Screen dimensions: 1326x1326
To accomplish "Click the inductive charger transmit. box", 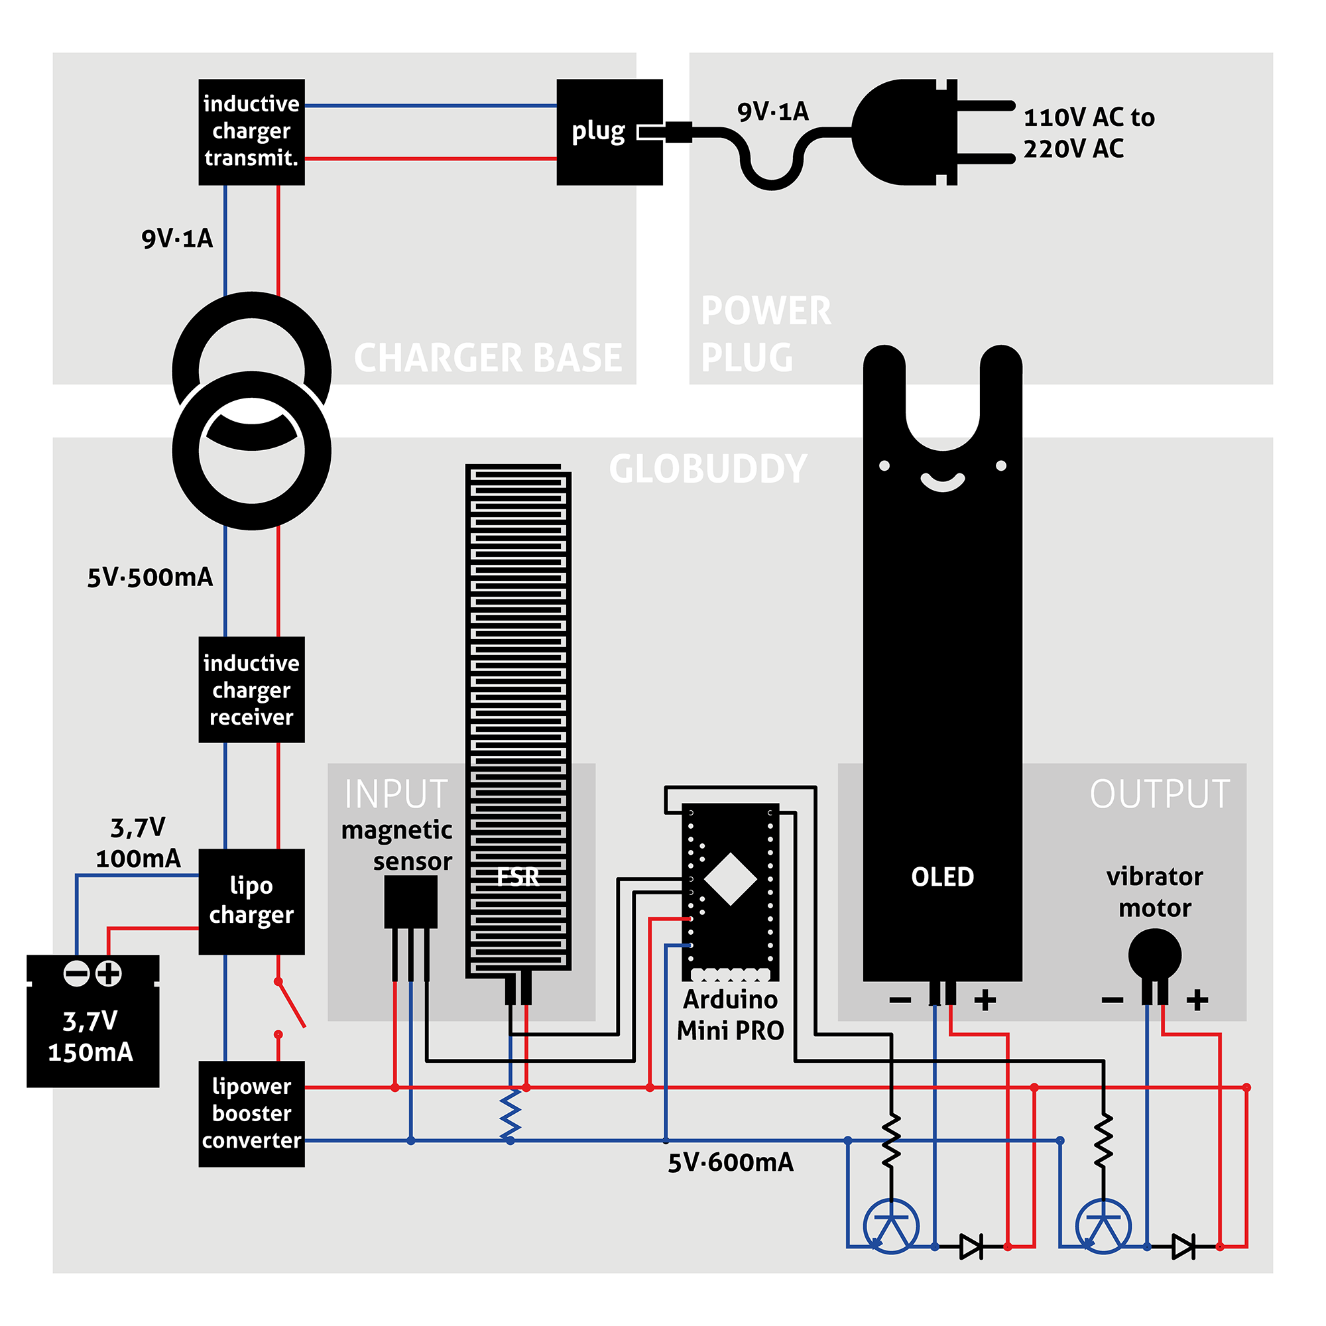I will (x=251, y=132).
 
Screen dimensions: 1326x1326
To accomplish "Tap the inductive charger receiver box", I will (x=251, y=690).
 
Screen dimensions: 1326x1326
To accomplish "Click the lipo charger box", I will (x=251, y=901).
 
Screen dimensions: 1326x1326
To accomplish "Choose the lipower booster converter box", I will (x=251, y=1113).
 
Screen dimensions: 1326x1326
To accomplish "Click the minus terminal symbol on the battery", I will (x=76, y=973).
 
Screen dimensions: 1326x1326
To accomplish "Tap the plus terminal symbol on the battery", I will (x=109, y=973).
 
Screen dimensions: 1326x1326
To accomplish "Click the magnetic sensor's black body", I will (x=410, y=902).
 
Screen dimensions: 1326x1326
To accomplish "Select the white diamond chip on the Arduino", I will (x=730, y=879).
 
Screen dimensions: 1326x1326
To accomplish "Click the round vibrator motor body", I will (x=1154, y=955).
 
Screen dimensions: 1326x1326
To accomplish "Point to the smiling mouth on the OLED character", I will (x=942, y=483).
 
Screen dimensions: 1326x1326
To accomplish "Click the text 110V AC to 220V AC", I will (x=1089, y=133).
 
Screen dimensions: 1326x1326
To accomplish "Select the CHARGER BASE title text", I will (x=487, y=357).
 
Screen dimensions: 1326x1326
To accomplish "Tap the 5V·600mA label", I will (x=730, y=1163).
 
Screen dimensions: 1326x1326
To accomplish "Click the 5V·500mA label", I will (x=150, y=577).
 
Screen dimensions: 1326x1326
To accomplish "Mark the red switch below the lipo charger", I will (x=290, y=1006).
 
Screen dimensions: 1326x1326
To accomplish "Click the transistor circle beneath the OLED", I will (x=891, y=1227).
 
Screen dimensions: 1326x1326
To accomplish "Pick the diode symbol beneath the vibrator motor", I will (x=1183, y=1246).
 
